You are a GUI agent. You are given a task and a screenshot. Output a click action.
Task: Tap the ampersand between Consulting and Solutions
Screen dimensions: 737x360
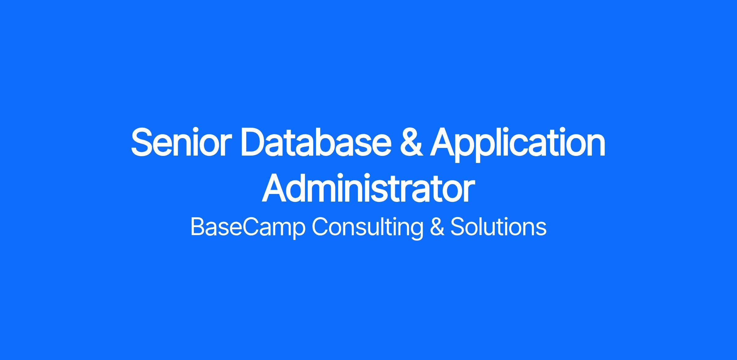coord(437,227)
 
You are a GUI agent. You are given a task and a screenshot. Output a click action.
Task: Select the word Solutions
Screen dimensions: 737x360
coord(498,227)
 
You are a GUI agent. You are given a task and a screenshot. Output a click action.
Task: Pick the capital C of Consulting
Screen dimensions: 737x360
coord(321,227)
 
